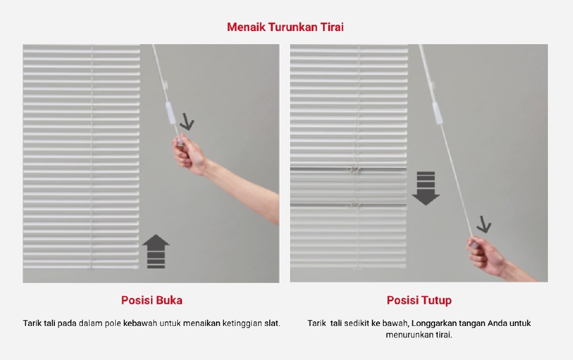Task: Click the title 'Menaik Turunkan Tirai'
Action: coord(285,27)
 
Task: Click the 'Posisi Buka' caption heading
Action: coord(152,300)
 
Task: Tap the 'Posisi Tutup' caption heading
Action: coord(419,300)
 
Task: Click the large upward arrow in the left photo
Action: coord(156,251)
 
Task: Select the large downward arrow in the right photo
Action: coord(426,188)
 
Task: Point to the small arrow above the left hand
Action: coord(187,123)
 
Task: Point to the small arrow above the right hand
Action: coord(483,225)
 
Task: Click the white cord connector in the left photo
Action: coord(169,113)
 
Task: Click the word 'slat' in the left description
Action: coord(272,323)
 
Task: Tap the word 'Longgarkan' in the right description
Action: coord(432,323)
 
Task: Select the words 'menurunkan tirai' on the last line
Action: coord(418,335)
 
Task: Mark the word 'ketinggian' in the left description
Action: coord(242,323)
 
